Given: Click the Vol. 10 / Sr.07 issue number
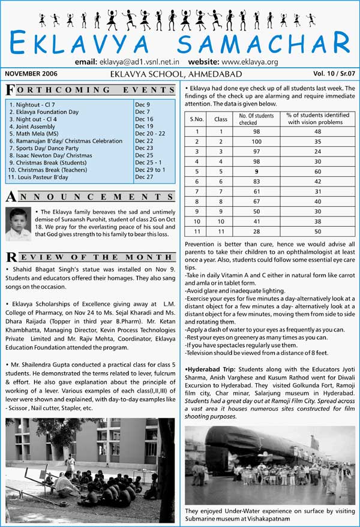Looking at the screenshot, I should (x=330, y=74).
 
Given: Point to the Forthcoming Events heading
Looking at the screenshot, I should (x=90, y=90).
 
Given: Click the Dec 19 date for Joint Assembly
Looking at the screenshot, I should (x=144, y=127).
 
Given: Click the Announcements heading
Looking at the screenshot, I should (x=90, y=197).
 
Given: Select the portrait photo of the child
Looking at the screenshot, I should (x=18, y=224).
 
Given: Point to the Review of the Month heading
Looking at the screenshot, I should (x=90, y=257).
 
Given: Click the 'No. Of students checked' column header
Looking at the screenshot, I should (x=256, y=119).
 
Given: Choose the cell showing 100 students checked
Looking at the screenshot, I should (x=256, y=141).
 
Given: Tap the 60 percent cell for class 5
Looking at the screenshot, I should (x=317, y=171).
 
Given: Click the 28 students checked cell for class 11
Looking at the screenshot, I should (x=256, y=231).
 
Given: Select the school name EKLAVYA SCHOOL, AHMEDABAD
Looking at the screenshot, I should (x=176, y=74).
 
